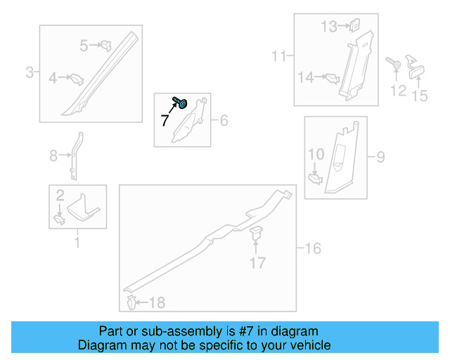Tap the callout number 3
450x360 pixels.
click(x=30, y=72)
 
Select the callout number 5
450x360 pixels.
click(x=84, y=46)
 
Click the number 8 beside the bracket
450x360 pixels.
click(x=53, y=156)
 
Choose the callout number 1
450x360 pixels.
click(x=77, y=244)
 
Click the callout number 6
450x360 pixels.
click(x=224, y=121)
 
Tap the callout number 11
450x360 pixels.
click(x=279, y=56)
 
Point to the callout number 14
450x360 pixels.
click(x=306, y=78)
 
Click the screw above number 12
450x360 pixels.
click(x=394, y=65)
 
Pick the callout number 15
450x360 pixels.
click(x=420, y=96)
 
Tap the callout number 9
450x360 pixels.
click(x=380, y=157)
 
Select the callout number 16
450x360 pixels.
click(x=313, y=247)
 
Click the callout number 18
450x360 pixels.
click(x=157, y=303)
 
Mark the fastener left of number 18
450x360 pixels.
click(x=131, y=302)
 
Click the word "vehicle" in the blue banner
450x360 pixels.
click(x=307, y=345)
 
